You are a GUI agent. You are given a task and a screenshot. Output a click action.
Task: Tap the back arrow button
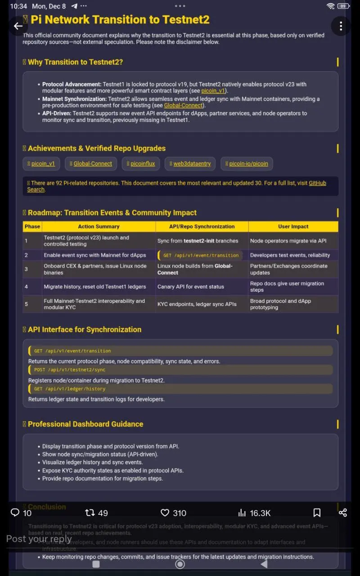pyautogui.click(x=18, y=26)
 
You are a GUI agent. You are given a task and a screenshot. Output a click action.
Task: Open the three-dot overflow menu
pyautogui.click(x=341, y=26)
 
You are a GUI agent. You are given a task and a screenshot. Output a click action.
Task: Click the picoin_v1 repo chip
pyautogui.click(x=41, y=164)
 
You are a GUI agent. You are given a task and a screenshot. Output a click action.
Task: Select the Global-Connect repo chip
pyautogui.click(x=91, y=164)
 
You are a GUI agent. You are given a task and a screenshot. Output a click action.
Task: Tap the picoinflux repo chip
pyautogui.click(x=140, y=164)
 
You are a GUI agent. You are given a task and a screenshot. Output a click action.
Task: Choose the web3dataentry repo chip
pyautogui.click(x=190, y=164)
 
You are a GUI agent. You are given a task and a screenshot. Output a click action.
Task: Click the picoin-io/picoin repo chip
pyautogui.click(x=247, y=164)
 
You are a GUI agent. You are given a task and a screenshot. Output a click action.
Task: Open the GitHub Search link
pyautogui.click(x=317, y=183)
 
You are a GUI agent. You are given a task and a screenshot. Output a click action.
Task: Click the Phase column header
pyautogui.click(x=32, y=227)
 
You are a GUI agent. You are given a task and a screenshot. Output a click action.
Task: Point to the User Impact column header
pyautogui.click(x=293, y=227)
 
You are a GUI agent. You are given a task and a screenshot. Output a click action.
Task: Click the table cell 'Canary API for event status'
pyautogui.click(x=190, y=287)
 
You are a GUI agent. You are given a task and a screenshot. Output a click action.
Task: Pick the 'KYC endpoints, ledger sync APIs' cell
pyautogui.click(x=197, y=304)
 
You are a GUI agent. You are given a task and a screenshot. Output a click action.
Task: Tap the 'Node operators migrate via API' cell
pyautogui.click(x=288, y=241)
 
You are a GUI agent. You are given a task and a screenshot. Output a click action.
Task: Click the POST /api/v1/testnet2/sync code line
pyautogui.click(x=70, y=370)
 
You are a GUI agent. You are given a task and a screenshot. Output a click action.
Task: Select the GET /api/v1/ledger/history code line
pyautogui.click(x=70, y=389)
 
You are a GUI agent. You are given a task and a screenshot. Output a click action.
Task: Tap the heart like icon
pyautogui.click(x=165, y=513)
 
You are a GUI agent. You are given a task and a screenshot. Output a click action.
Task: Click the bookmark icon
pyautogui.click(x=317, y=513)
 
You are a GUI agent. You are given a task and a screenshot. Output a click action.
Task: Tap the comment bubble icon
pyautogui.click(x=15, y=513)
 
